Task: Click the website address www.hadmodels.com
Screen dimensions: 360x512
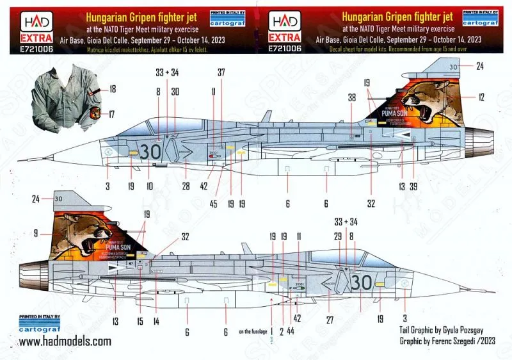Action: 65,342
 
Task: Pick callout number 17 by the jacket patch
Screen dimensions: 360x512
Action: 113,115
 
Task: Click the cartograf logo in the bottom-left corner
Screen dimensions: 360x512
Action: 40,324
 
